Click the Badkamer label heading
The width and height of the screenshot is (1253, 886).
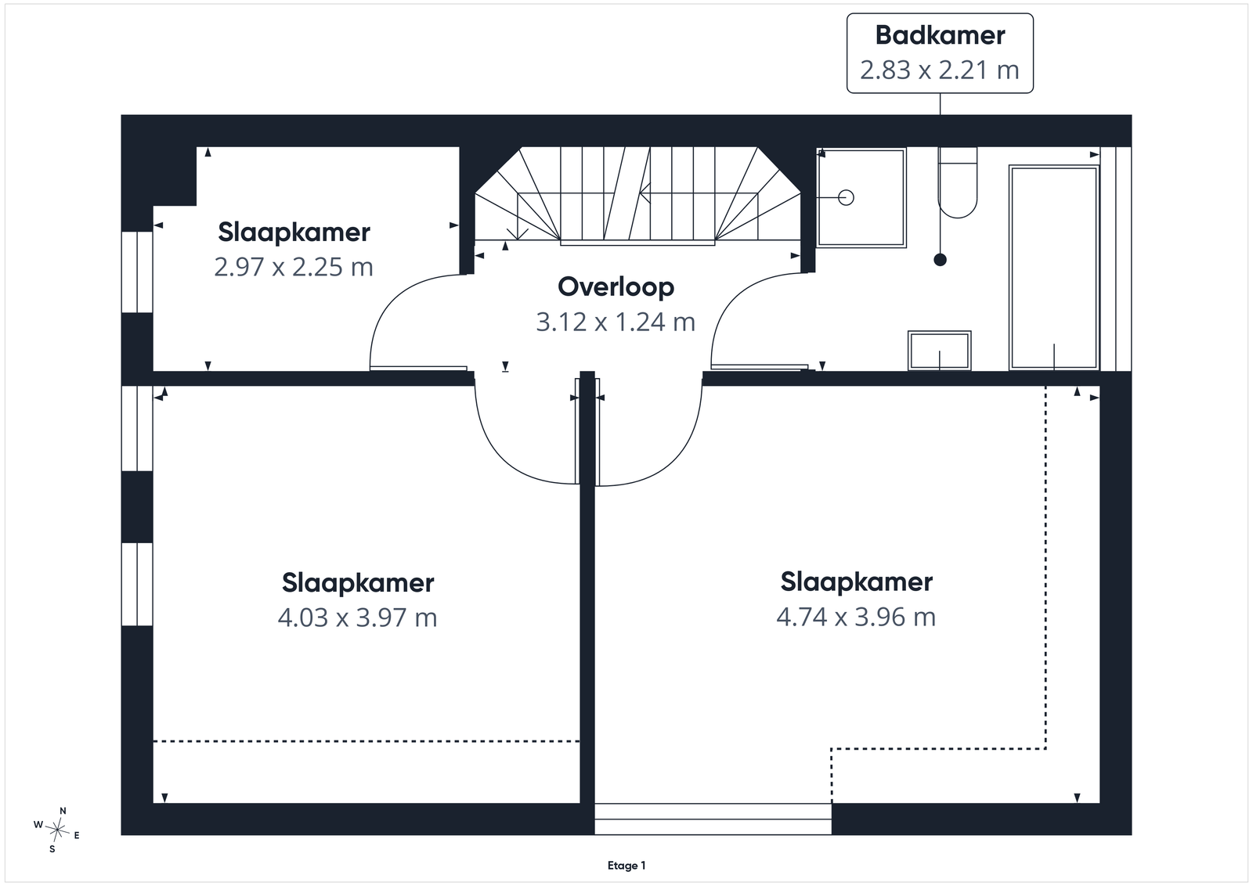[x=940, y=35]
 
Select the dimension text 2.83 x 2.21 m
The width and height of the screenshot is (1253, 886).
[x=940, y=70]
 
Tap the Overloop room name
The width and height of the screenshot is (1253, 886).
[x=616, y=287]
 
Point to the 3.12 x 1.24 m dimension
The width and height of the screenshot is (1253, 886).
[x=616, y=322]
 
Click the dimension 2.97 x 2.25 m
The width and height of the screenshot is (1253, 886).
[x=294, y=267]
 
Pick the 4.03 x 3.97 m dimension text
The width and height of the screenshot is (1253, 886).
[x=357, y=618]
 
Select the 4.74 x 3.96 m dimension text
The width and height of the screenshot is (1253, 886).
[x=857, y=617]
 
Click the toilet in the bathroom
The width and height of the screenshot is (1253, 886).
[x=958, y=182]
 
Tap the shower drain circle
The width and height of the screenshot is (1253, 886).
[x=847, y=197]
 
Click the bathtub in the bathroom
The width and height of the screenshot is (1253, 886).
[x=1054, y=268]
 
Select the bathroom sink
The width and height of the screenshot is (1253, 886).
[x=940, y=351]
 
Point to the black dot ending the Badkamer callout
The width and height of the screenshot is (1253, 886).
[x=941, y=260]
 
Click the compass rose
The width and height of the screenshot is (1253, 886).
[x=57, y=830]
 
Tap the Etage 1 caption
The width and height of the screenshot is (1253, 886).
[x=626, y=866]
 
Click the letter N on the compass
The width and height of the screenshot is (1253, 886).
[x=63, y=811]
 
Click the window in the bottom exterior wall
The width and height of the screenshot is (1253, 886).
[x=713, y=819]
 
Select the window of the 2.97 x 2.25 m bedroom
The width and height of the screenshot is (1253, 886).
[x=137, y=272]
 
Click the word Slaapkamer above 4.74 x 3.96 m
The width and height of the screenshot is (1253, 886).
[x=857, y=582]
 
